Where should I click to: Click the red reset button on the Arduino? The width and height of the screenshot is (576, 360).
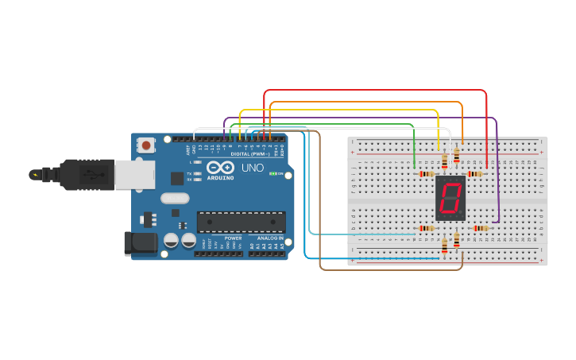tap(147, 145)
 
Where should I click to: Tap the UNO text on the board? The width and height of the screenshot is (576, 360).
tap(253, 168)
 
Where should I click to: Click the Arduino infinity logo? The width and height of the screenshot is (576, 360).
tap(219, 168)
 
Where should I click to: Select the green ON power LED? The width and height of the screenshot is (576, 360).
tap(273, 173)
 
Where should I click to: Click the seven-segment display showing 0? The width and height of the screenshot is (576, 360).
tap(450, 199)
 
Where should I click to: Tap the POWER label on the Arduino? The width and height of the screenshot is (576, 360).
tap(233, 238)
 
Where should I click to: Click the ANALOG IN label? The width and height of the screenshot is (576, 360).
tap(269, 238)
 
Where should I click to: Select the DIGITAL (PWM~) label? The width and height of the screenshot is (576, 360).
tap(249, 153)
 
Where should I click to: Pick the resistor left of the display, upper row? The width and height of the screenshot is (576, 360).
tap(427, 174)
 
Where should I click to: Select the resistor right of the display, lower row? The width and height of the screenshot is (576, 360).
tap(481, 229)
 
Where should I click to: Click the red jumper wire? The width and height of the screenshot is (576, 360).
tap(373, 91)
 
